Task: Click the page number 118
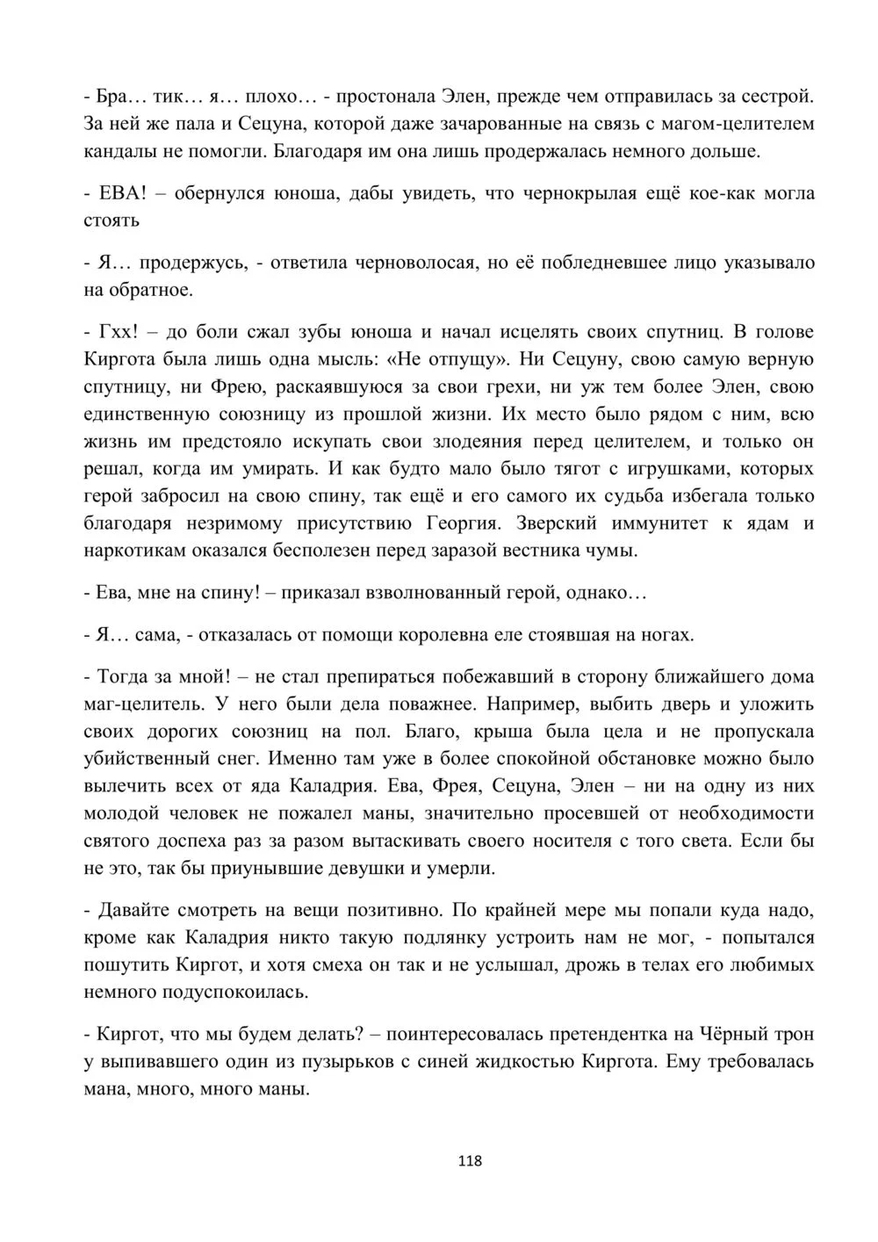point(470,1160)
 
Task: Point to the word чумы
point(618,552)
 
